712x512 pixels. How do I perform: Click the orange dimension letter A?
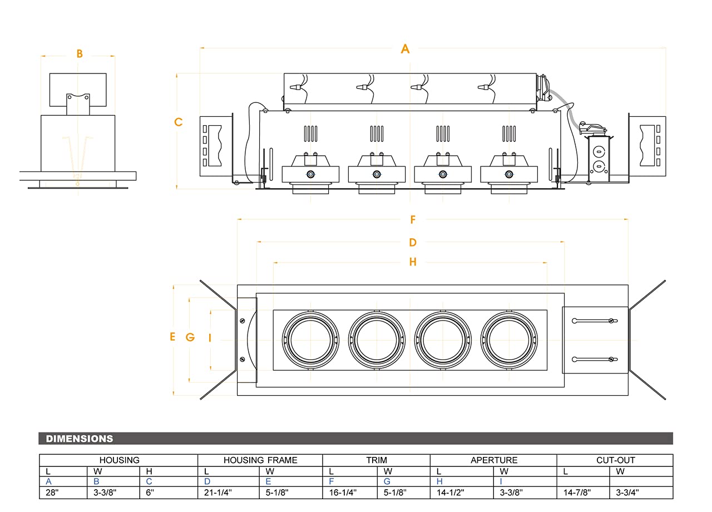click(405, 49)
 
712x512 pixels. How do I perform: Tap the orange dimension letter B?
click(80, 54)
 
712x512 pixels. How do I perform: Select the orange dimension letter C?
click(178, 122)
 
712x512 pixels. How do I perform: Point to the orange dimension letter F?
click(413, 220)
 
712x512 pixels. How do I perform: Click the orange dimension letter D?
click(413, 243)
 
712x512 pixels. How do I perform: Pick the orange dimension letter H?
click(413, 262)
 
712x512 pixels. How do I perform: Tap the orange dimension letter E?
click(172, 337)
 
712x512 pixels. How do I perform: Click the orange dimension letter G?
click(190, 337)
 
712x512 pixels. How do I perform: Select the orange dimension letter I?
click(210, 337)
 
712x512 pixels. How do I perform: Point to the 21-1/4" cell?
click(217, 493)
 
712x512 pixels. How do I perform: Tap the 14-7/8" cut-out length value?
click(577, 493)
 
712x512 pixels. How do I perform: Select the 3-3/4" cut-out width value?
click(627, 493)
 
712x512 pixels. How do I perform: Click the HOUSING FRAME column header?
click(260, 460)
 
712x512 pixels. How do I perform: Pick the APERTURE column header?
click(494, 460)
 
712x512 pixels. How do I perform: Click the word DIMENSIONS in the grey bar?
click(80, 439)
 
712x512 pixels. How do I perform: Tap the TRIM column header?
click(377, 460)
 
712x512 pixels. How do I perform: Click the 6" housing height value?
click(150, 493)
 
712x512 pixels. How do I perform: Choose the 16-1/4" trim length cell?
click(343, 493)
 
